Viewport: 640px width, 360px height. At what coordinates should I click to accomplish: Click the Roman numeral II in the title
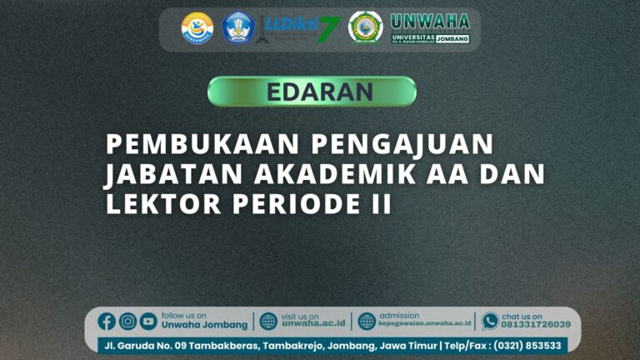coord(381,204)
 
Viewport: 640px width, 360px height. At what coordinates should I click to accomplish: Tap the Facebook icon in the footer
coord(107,321)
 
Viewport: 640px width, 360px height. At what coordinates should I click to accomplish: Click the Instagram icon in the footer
coord(127,321)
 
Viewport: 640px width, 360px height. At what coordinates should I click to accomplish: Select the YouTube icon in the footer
coord(148,321)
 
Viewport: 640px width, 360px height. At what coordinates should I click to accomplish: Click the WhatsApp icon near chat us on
coord(490,321)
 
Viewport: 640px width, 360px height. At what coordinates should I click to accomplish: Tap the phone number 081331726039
coord(536,325)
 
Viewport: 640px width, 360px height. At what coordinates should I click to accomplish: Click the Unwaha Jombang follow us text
coord(204,325)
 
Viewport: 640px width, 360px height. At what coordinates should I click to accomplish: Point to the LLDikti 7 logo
coord(302,28)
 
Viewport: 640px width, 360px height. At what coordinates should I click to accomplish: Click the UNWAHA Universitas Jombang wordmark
coord(430,27)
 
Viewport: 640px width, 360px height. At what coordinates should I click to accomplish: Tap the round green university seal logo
coord(364,27)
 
